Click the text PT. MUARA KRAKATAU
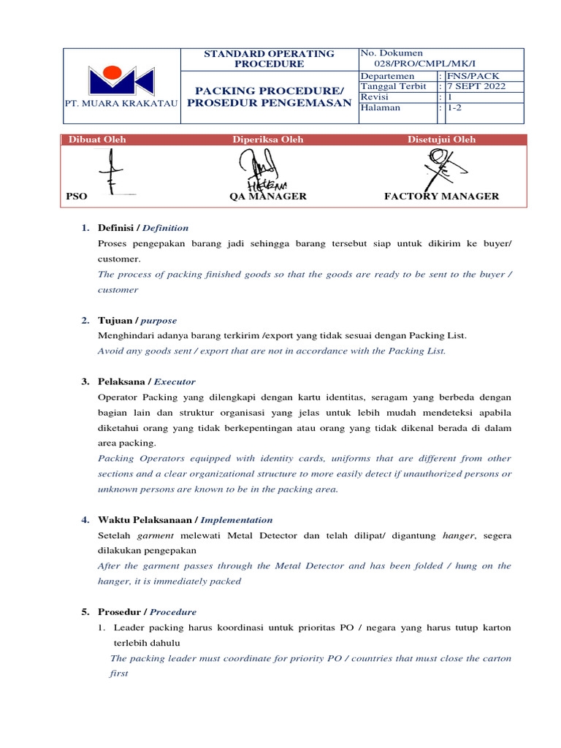point(122,104)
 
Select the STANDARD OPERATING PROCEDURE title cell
point(269,58)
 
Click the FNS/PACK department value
point(474,76)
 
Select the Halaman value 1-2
point(454,107)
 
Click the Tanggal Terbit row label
point(393,86)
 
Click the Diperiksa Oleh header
point(268,140)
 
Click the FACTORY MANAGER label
point(441,196)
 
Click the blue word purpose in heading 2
point(159,321)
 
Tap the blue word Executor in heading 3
point(175,382)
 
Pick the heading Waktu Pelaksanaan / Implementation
point(185,520)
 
